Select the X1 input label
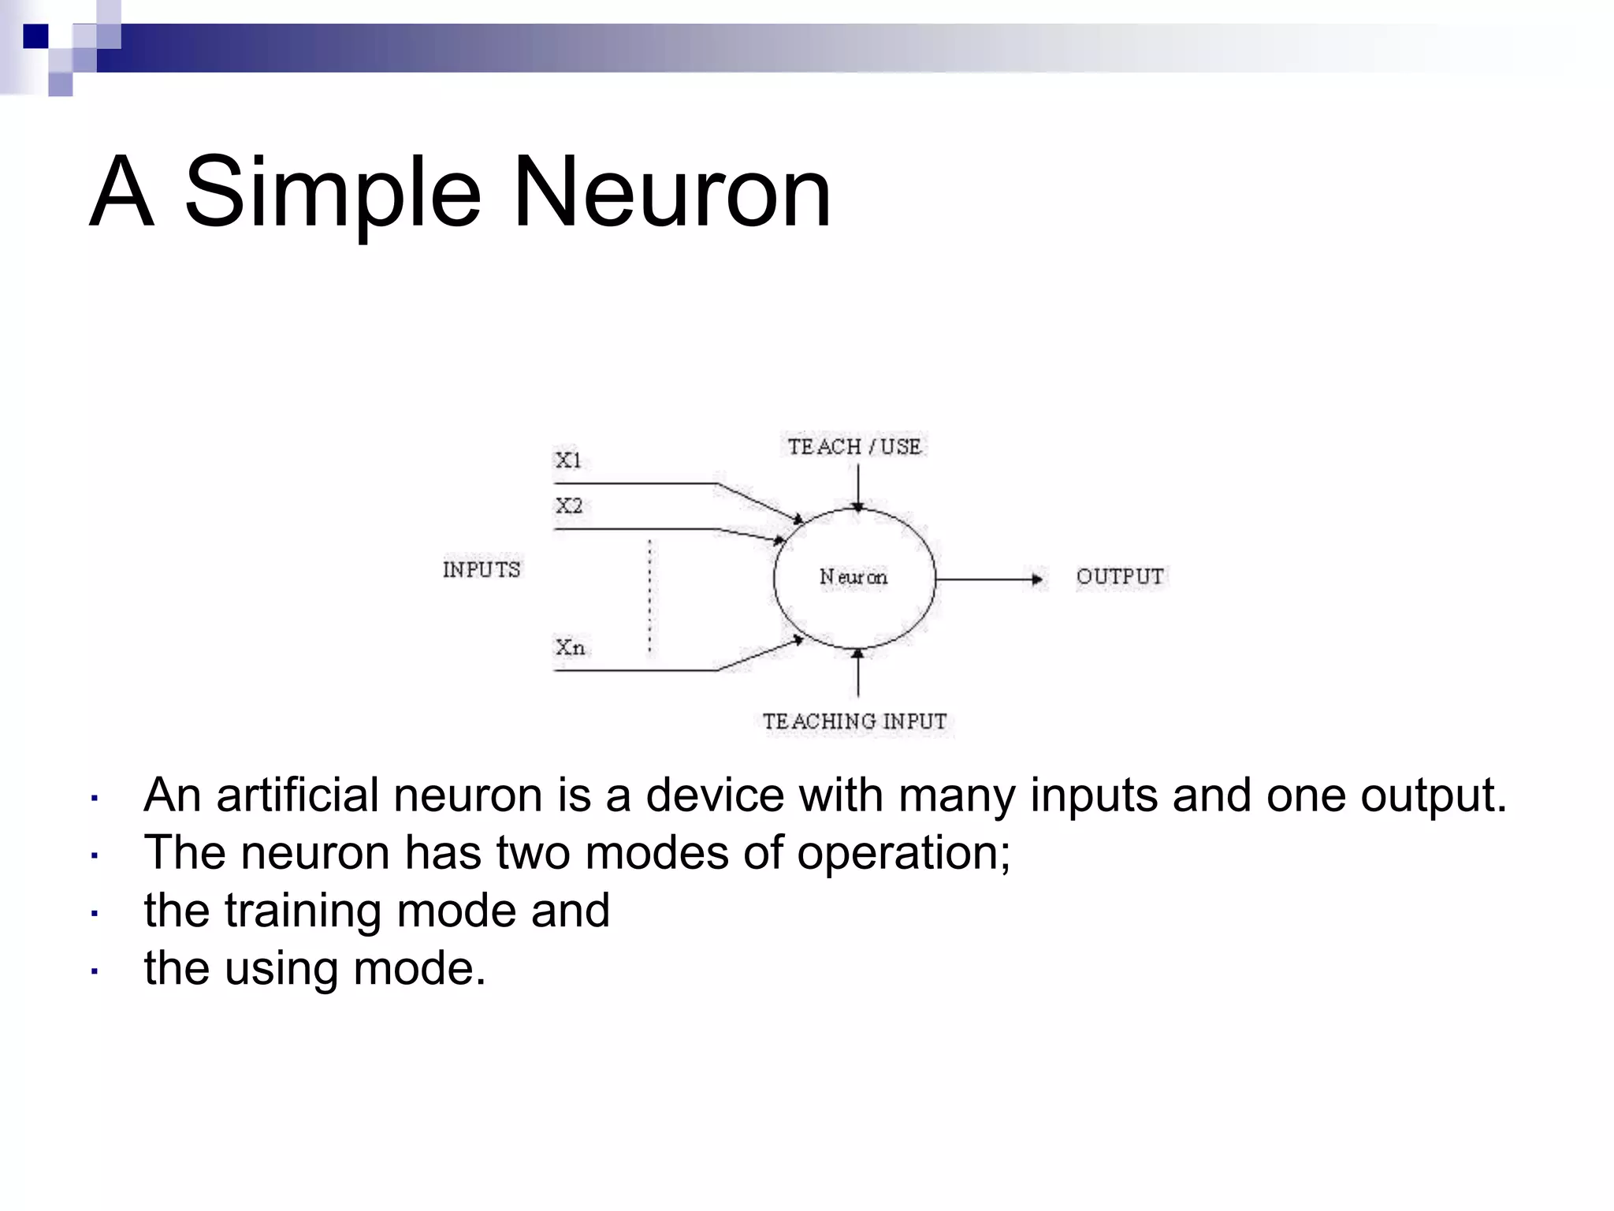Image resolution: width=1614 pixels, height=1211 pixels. pyautogui.click(x=568, y=460)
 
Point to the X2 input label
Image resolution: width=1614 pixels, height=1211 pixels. pyautogui.click(x=569, y=505)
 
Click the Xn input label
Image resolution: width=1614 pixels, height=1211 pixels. pyautogui.click(x=570, y=648)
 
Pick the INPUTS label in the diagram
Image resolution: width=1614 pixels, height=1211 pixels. pyautogui.click(x=482, y=570)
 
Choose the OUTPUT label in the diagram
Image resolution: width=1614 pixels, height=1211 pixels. pyautogui.click(x=1120, y=577)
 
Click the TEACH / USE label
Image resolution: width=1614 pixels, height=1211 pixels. pyautogui.click(x=854, y=447)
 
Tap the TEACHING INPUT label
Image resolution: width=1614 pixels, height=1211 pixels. pyautogui.click(x=855, y=721)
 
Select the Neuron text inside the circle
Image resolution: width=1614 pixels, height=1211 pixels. pyautogui.click(x=853, y=577)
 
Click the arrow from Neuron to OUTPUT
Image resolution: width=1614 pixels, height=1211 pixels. pyautogui.click(x=989, y=579)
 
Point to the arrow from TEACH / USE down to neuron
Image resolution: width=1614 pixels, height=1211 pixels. pyautogui.click(x=858, y=487)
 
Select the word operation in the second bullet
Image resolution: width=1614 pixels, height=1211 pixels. pyautogui.click(x=903, y=853)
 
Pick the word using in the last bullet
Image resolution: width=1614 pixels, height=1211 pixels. pyautogui.click(x=281, y=969)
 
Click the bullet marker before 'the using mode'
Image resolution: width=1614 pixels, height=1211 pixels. pyautogui.click(x=94, y=971)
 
